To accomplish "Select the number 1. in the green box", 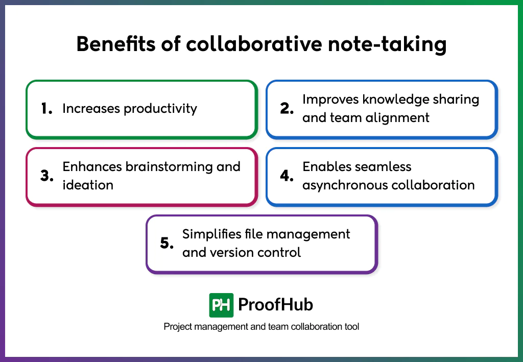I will (47, 109).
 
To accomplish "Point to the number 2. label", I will (287, 109).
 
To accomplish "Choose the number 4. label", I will (288, 176).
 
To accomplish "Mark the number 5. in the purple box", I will (167, 244).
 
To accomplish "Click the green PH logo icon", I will (221, 305).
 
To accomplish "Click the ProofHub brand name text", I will (276, 305).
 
